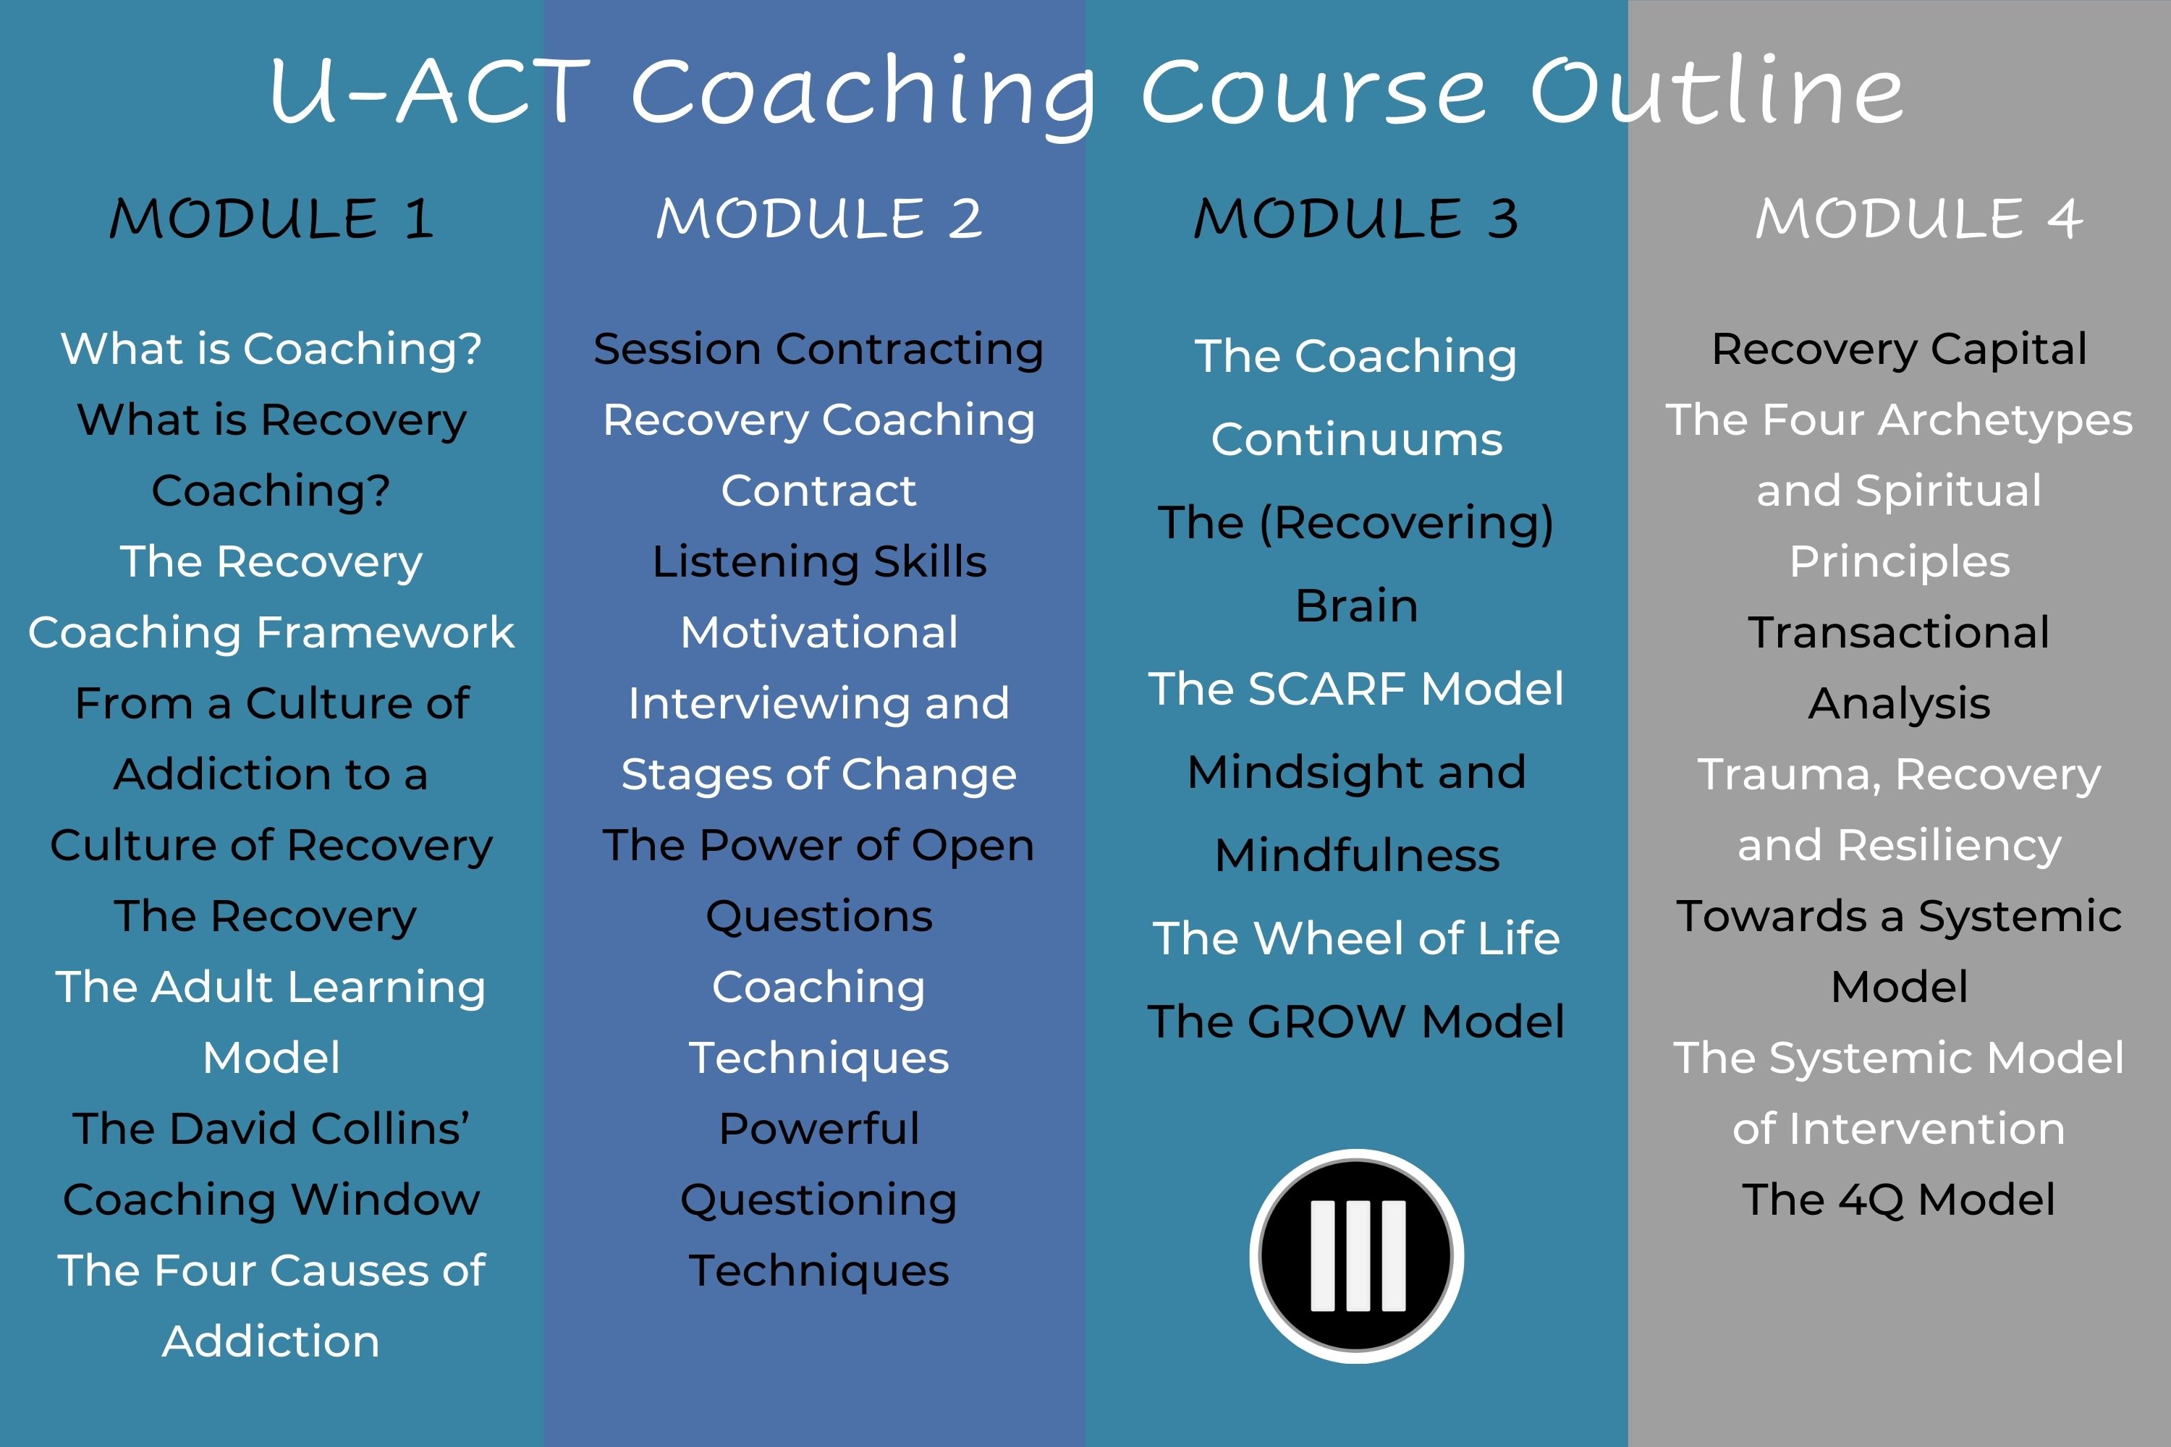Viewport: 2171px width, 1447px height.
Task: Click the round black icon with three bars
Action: [x=1356, y=1256]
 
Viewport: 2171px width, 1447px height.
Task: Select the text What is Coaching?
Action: [x=271, y=349]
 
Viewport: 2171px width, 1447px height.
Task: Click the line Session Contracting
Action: [x=818, y=349]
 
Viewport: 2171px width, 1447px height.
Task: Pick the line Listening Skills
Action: [x=818, y=562]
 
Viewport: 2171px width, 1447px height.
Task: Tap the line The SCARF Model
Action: [x=1356, y=689]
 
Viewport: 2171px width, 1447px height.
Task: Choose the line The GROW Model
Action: [x=1356, y=1022]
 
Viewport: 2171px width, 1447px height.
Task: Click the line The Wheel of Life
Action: [x=1356, y=938]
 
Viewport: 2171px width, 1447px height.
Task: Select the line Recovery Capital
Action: [x=1900, y=349]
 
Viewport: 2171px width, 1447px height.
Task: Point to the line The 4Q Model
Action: [x=1900, y=1200]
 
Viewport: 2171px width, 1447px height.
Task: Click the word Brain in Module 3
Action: [x=1356, y=606]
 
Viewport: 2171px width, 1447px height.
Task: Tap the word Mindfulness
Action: [x=1357, y=854]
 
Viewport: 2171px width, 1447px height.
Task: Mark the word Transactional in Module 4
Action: [x=1900, y=632]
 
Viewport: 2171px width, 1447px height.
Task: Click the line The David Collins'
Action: [x=271, y=1129]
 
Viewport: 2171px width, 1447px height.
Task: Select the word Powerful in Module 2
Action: [x=818, y=1129]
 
